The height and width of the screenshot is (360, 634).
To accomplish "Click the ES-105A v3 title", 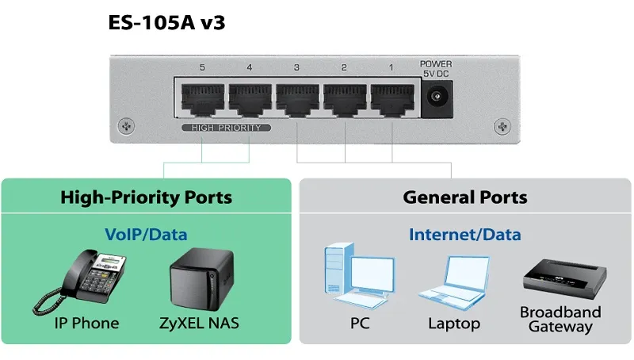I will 166,22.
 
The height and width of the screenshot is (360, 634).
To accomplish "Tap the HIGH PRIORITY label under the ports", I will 227,128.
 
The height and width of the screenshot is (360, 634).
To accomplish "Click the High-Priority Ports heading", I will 147,197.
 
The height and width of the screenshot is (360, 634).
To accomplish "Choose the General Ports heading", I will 465,197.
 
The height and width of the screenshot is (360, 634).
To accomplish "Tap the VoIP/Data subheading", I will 147,235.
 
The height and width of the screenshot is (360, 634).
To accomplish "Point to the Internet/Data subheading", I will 465,235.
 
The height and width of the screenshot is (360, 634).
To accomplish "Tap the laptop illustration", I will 453,282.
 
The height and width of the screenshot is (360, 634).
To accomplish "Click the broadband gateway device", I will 564,278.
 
